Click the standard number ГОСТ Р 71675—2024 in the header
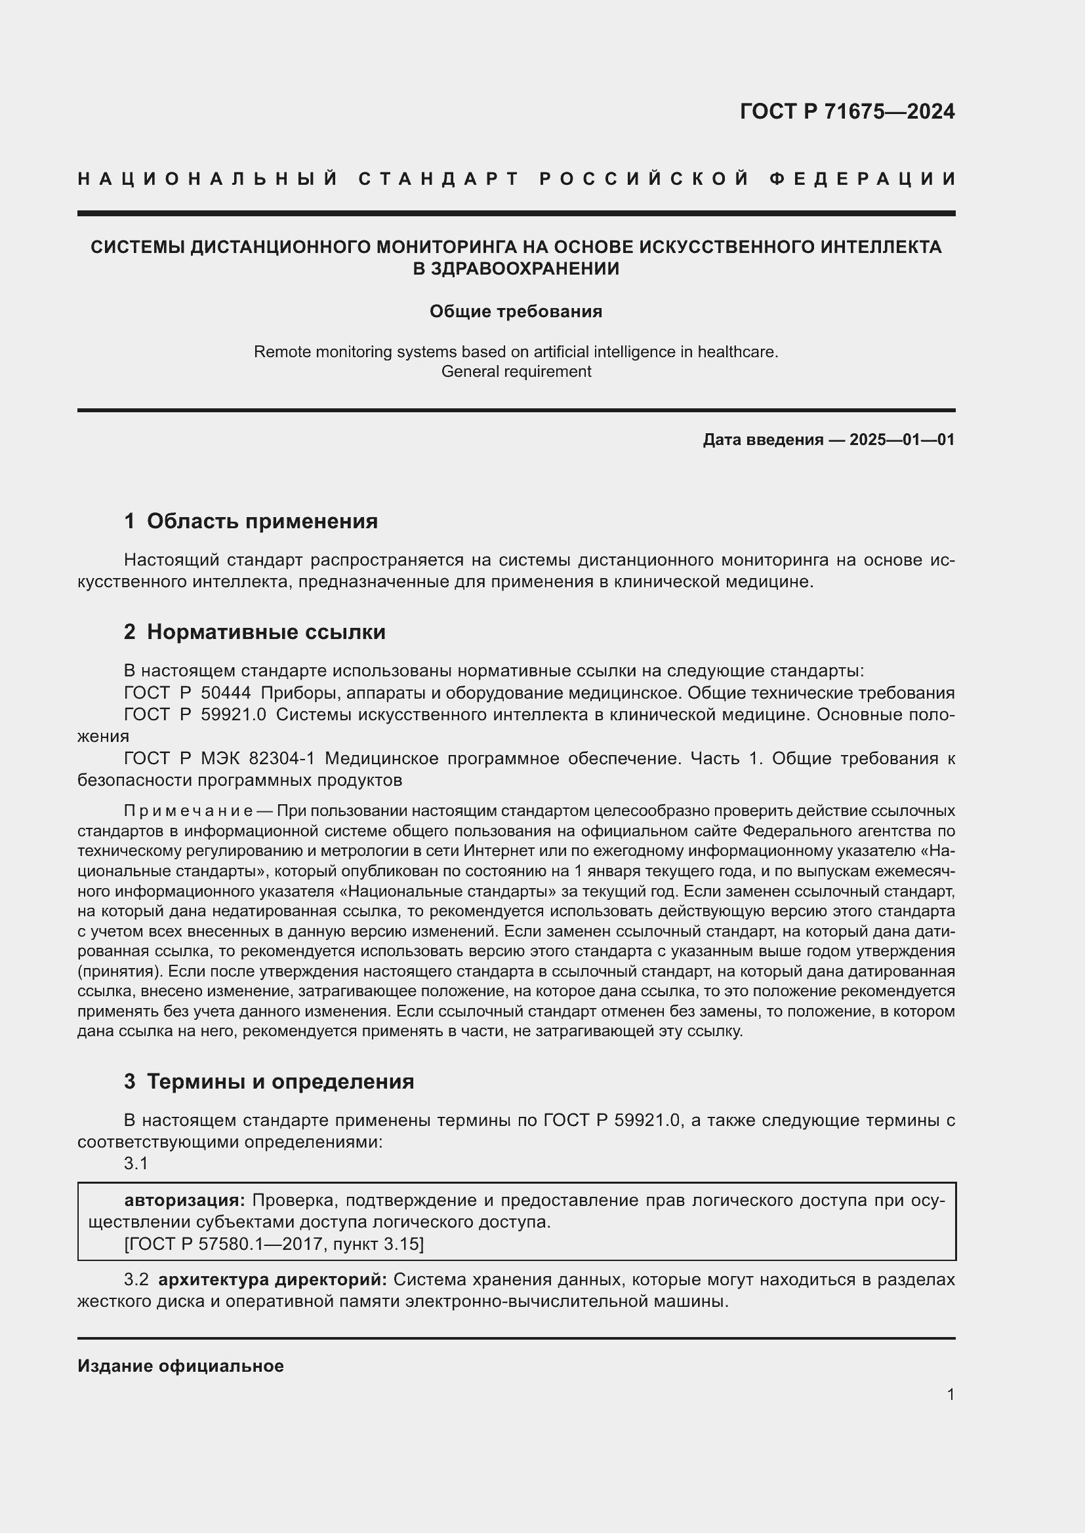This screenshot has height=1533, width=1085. tap(847, 111)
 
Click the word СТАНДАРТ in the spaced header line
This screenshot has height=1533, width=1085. tap(439, 179)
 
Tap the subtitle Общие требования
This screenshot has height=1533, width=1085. tap(516, 312)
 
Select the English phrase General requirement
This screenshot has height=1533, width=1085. tap(516, 371)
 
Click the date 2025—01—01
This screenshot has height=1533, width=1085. tap(902, 439)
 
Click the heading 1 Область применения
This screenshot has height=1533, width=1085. tap(251, 522)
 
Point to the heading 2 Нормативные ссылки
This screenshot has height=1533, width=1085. tap(255, 632)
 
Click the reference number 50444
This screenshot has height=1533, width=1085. tap(226, 692)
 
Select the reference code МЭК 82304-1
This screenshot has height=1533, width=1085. tap(258, 758)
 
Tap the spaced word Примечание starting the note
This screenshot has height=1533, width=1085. tap(188, 811)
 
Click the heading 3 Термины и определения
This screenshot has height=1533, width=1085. tap(269, 1081)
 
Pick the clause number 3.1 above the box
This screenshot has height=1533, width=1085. tap(136, 1164)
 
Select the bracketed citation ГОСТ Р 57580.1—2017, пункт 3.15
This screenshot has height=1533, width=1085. tap(274, 1244)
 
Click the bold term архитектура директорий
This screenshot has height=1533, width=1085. tap(273, 1280)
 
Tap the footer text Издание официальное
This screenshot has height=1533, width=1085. tap(180, 1367)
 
